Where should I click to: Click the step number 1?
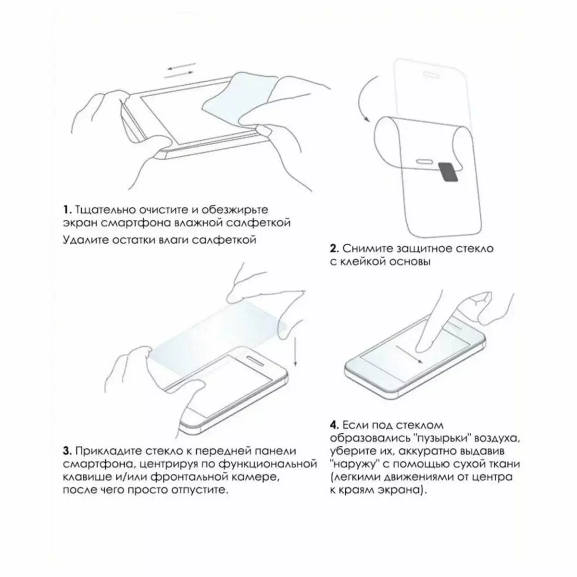click(x=67, y=210)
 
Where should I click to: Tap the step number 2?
click(x=335, y=249)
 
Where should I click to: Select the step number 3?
click(x=67, y=460)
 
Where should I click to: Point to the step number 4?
click(x=335, y=425)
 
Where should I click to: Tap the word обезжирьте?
click(x=235, y=210)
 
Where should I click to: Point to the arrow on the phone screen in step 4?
click(x=409, y=354)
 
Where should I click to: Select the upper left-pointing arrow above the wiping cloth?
click(x=181, y=66)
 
